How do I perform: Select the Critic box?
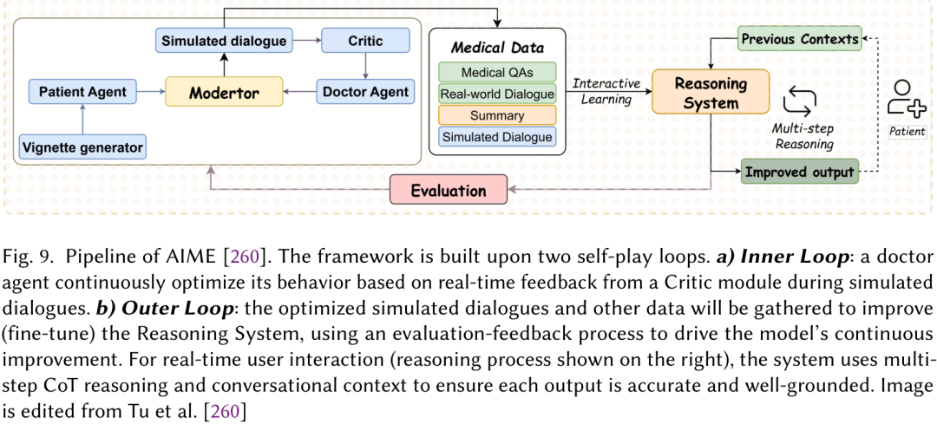(366, 41)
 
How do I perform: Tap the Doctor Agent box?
(366, 91)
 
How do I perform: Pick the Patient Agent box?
(83, 91)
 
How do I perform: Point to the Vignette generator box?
(83, 146)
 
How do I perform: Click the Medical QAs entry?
(497, 73)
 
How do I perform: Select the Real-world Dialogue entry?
(497, 94)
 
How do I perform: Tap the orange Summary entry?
(497, 114)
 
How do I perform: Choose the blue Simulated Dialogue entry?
(497, 136)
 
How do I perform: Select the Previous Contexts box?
(800, 39)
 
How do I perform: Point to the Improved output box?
(800, 172)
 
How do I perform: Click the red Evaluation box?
(449, 191)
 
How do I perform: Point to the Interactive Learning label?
(605, 91)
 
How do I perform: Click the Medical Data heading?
(497, 48)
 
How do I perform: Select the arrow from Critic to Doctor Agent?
(366, 66)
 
